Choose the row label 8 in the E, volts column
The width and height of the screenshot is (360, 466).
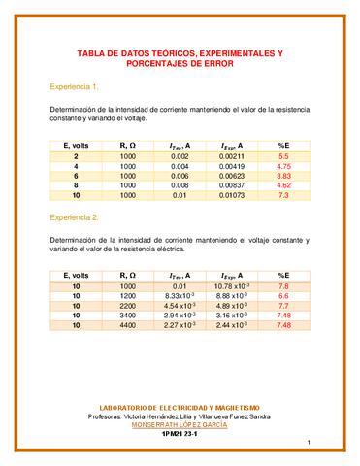(x=76, y=189)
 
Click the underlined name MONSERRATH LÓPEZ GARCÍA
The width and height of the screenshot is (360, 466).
(x=180, y=424)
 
